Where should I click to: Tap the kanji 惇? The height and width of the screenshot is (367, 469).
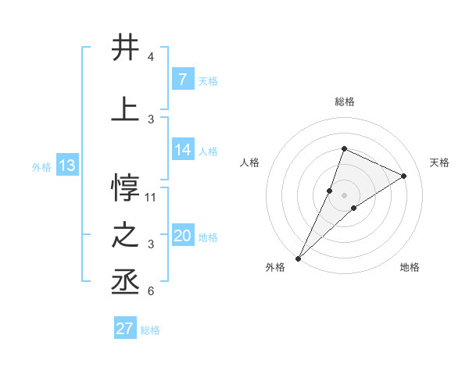125,185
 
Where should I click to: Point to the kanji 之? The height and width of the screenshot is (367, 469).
125,237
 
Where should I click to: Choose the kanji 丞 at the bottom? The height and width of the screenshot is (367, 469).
125,283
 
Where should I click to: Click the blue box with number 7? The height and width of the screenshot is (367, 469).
182,79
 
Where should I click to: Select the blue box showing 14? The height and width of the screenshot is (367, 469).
182,150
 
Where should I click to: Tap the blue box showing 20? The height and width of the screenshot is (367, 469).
182,236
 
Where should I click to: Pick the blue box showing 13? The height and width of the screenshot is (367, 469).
66,166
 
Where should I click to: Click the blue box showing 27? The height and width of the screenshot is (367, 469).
124,329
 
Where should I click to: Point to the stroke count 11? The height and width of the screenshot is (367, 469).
151,197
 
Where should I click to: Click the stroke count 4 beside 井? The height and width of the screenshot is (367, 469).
150,57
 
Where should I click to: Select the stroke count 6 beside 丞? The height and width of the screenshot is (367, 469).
150,291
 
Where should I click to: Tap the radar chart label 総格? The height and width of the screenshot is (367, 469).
344,102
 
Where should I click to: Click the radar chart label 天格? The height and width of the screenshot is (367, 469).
439,162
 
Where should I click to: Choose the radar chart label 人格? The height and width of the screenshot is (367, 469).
249,162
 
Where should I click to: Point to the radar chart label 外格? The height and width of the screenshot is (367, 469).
275,267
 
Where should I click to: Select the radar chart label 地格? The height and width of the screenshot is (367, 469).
410,267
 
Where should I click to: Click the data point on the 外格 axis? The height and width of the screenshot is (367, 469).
298,258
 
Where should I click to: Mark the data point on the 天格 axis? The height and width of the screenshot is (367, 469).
404,176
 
